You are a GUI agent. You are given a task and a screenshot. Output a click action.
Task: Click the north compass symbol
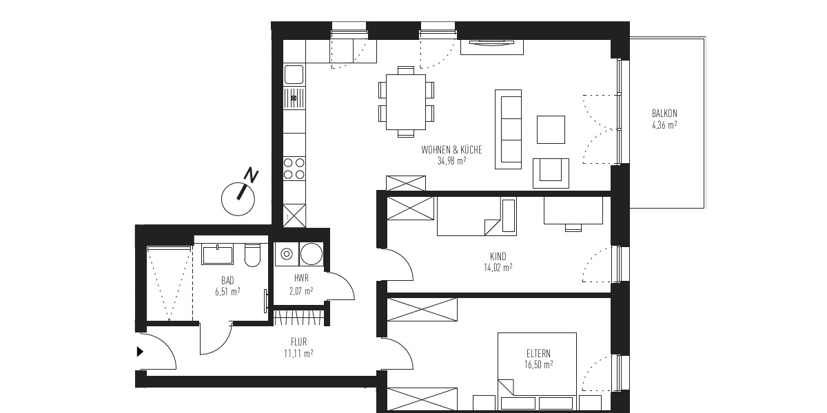tap(238, 195)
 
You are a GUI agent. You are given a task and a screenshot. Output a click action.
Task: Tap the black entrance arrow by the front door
tap(140, 352)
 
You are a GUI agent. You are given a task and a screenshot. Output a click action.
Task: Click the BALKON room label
tap(664, 114)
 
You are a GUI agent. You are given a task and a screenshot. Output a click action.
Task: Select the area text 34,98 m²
tap(451, 161)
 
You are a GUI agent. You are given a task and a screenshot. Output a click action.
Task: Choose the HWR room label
tap(300, 279)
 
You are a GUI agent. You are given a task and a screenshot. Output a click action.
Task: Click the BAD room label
tap(227, 280)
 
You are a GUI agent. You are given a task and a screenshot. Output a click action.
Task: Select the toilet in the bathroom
tap(252, 255)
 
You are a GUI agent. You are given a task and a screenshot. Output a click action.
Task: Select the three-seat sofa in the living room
tap(510, 129)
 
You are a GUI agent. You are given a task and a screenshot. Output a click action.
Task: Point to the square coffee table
tap(551, 129)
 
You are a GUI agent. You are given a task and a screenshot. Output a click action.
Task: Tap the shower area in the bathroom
tap(168, 283)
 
